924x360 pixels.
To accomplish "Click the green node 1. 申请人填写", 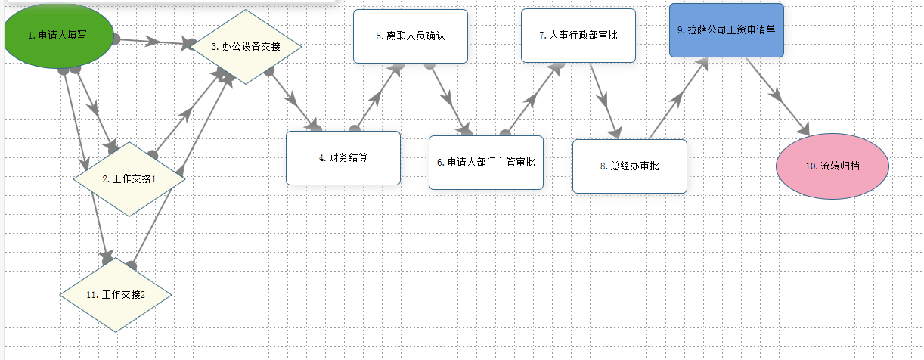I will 58,36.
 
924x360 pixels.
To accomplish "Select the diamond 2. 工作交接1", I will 129,179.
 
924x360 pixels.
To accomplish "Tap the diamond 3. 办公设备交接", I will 245,46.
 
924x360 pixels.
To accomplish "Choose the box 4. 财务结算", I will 343,158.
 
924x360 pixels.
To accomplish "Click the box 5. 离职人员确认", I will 410,36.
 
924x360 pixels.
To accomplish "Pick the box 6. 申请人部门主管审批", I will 485,162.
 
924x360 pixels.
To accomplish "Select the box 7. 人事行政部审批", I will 578,35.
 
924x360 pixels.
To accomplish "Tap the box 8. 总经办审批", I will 629,166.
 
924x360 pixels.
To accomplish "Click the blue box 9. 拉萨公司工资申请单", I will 726,30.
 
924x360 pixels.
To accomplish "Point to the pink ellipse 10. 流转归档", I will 833,166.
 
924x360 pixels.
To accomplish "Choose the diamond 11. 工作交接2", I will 116,294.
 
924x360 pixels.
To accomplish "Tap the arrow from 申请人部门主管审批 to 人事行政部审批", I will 532,98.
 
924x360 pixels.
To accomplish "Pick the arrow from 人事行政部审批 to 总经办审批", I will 604,99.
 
